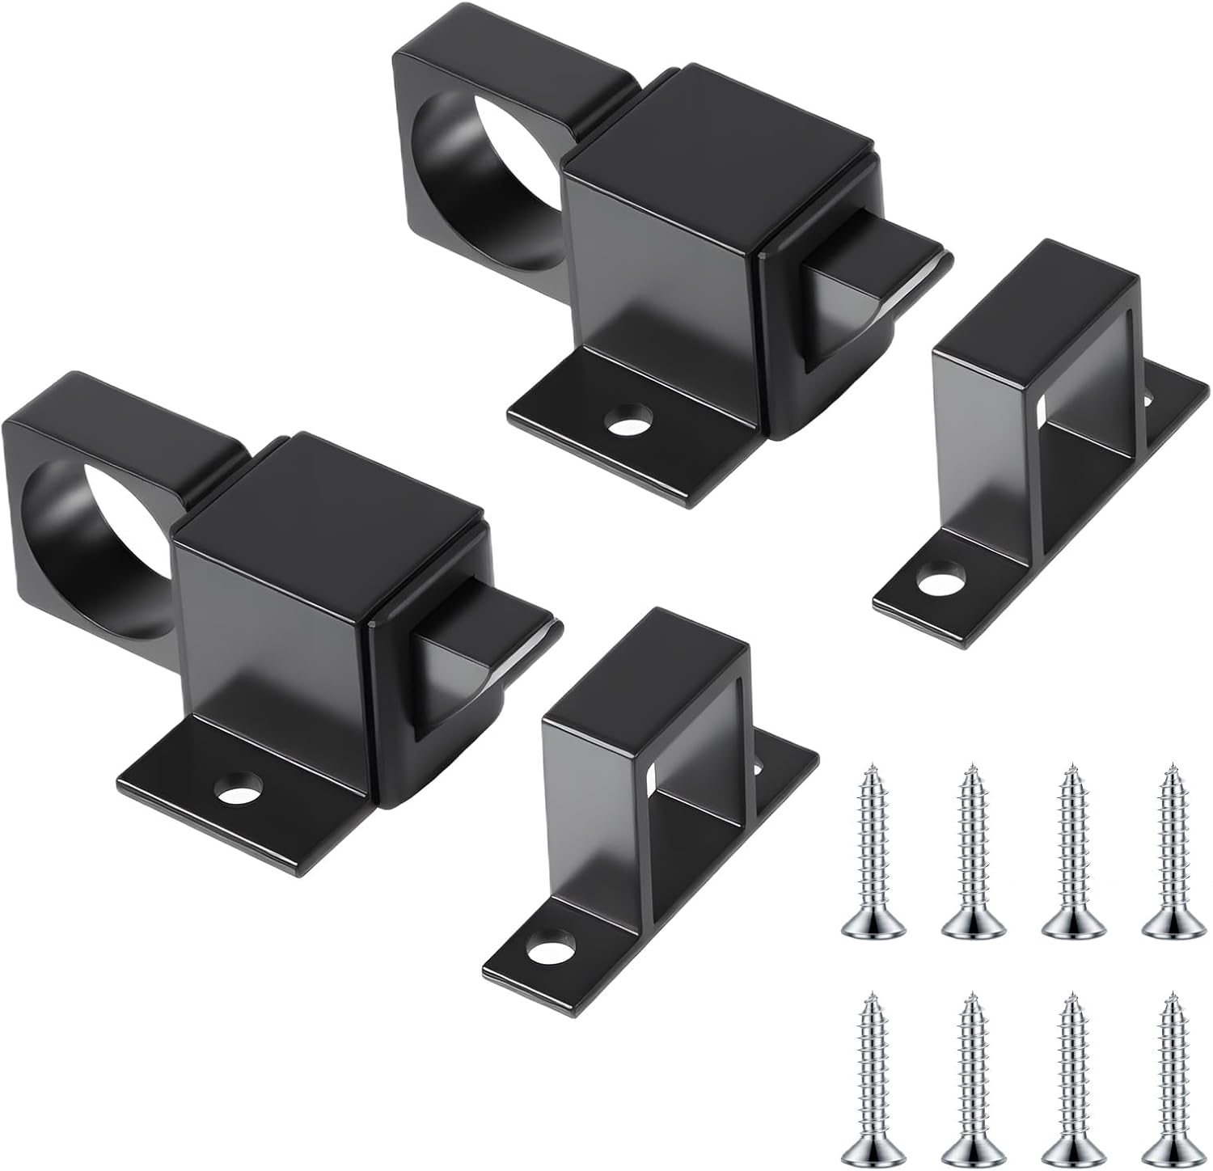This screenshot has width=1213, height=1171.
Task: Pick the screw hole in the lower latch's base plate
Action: pos(240,786)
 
